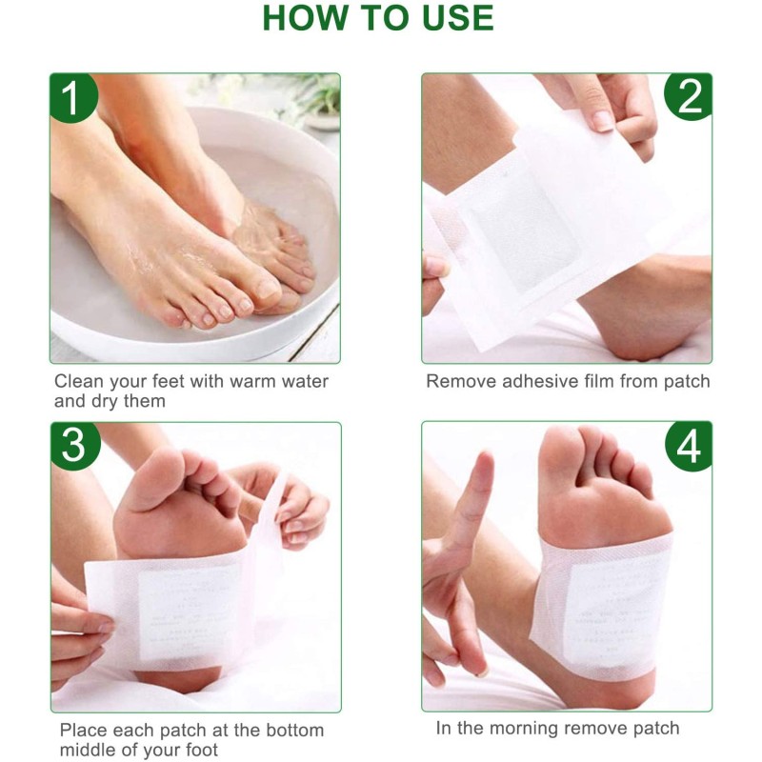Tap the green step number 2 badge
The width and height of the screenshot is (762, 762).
(688, 97)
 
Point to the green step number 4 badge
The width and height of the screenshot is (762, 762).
(688, 446)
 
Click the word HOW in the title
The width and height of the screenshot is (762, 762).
(303, 18)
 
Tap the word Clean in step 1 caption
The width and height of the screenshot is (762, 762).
(79, 381)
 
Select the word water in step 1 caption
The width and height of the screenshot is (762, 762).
(303, 381)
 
